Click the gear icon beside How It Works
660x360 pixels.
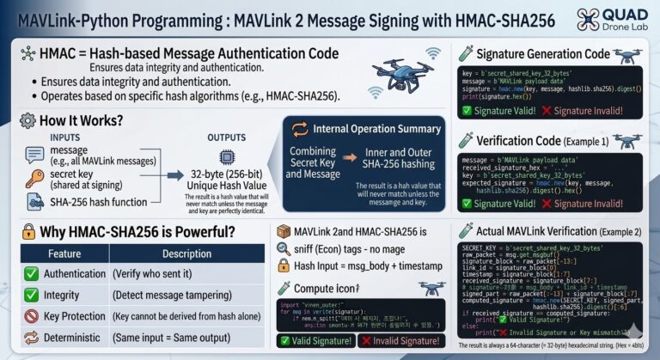pyautogui.click(x=27, y=120)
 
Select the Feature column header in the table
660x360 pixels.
pyautogui.click(x=64, y=253)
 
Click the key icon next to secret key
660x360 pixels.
pyautogui.click(x=34, y=178)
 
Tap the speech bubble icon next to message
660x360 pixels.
pyautogui.click(x=34, y=155)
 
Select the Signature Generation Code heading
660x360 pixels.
pyautogui.click(x=549, y=52)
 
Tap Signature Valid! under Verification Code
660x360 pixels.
pyautogui.click(x=503, y=204)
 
